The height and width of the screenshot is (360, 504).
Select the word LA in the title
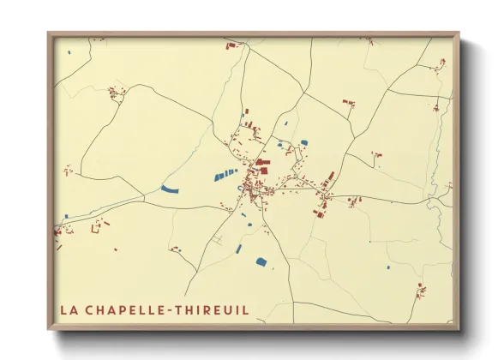(69, 309)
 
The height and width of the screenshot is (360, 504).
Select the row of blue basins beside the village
(225, 175)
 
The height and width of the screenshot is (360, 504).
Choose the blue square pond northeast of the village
(304, 141)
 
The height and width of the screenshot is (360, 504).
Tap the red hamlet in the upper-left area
(117, 92)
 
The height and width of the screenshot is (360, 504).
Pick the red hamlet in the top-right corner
(442, 63)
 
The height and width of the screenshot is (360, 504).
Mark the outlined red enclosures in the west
(101, 225)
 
